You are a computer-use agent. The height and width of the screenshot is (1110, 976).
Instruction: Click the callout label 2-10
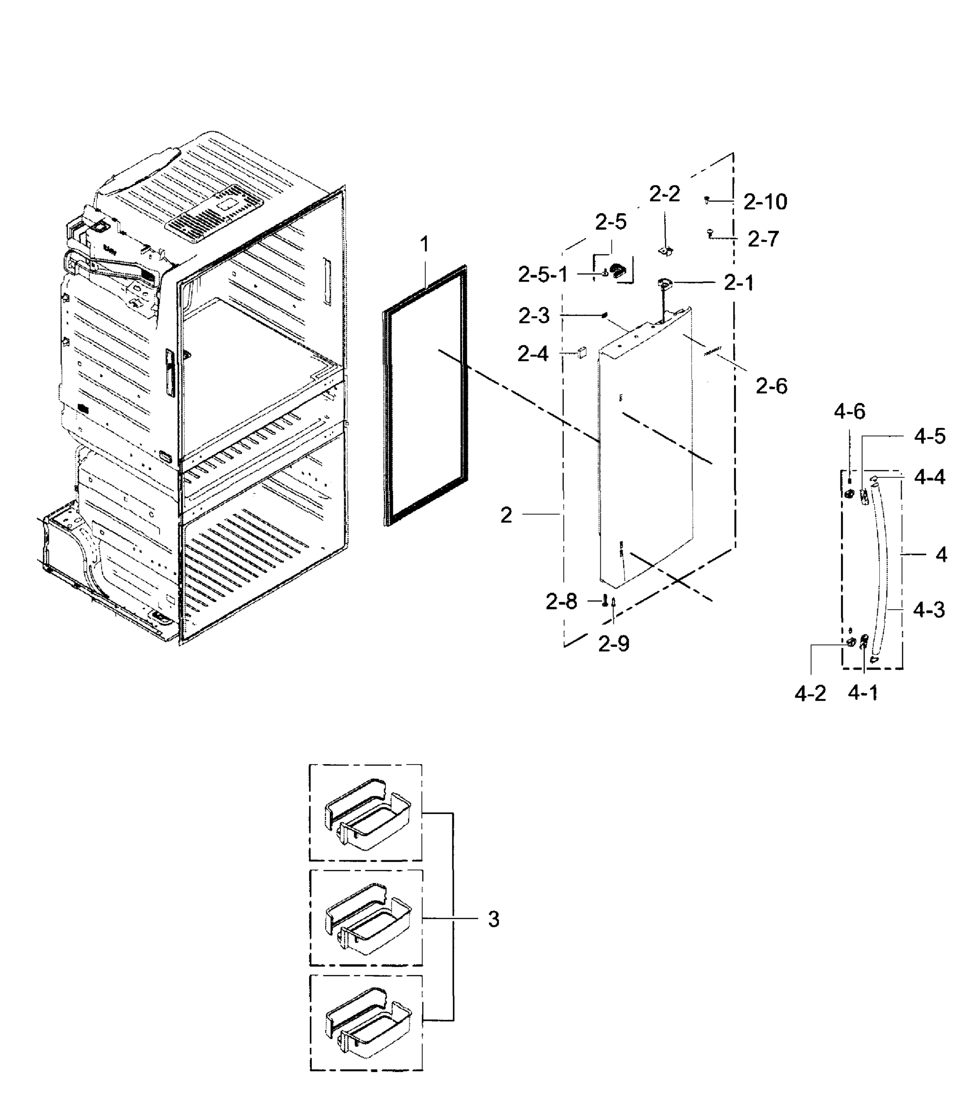(765, 202)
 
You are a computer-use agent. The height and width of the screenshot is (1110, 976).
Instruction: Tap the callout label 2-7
(763, 239)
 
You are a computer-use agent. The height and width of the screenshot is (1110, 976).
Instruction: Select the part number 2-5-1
(543, 275)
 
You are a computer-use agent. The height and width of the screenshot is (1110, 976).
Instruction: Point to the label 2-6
(771, 386)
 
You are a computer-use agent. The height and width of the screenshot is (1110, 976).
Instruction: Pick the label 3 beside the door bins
(493, 919)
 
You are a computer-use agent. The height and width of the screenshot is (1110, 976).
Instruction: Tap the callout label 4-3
(929, 610)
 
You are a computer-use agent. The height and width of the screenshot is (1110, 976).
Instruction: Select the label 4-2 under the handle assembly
(810, 693)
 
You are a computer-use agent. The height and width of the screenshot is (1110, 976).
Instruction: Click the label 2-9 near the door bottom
(614, 644)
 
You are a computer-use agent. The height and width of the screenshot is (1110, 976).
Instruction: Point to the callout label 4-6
(849, 412)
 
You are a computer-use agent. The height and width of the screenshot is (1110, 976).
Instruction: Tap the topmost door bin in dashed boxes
(367, 814)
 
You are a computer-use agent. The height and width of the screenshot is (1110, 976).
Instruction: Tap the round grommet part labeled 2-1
(665, 283)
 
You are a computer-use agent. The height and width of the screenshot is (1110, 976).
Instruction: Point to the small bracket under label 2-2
(665, 251)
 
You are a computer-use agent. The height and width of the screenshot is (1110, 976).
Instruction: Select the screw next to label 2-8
(605, 600)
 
